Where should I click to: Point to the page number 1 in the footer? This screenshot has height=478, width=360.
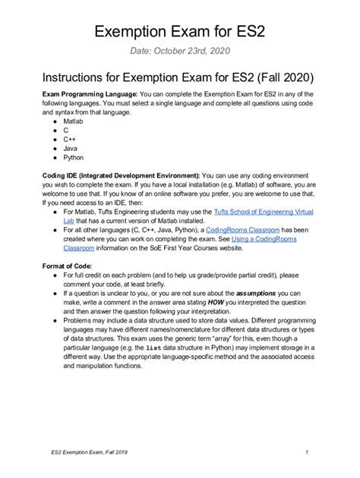pos(305,453)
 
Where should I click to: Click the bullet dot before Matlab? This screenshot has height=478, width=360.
pos(53,121)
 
